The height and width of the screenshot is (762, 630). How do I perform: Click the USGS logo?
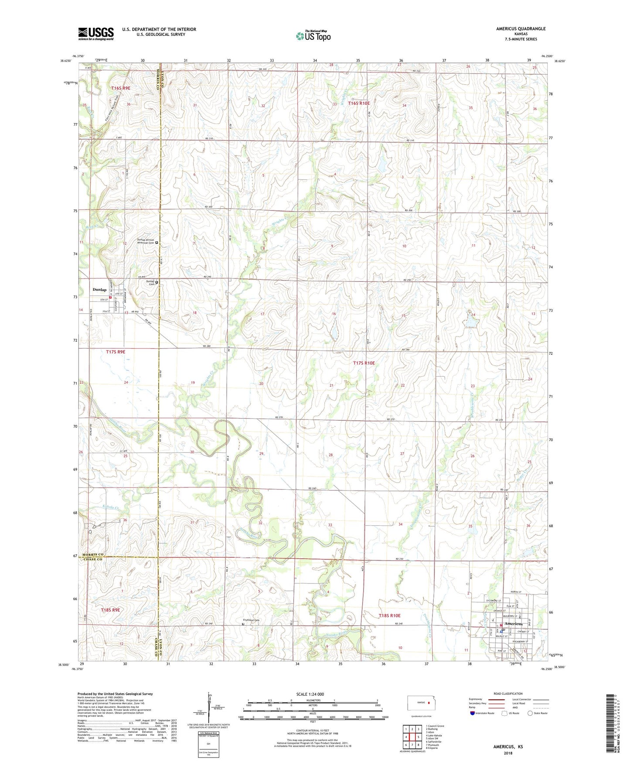click(x=96, y=33)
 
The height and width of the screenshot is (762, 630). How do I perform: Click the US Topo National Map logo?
click(x=313, y=35)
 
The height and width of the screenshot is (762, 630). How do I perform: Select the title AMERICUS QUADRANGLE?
click(x=521, y=29)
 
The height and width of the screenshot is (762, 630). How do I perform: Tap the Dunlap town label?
click(x=99, y=290)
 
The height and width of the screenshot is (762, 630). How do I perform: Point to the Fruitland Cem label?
click(x=251, y=620)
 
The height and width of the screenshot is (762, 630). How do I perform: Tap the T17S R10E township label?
click(x=364, y=363)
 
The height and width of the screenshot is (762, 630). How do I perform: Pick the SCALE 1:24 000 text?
click(x=310, y=694)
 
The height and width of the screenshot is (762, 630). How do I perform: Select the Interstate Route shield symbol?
click(x=473, y=713)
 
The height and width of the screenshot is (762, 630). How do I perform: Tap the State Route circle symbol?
click(x=530, y=713)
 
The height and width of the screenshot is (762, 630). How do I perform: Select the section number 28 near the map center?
click(x=330, y=455)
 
